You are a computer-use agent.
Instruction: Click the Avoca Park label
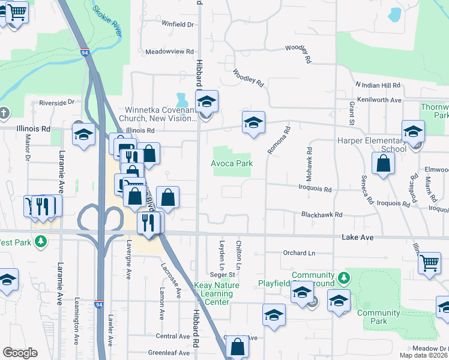[232, 163]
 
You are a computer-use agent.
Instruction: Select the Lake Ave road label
[358, 238]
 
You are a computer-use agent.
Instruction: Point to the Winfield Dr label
[178, 25]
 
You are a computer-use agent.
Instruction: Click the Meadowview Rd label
[170, 52]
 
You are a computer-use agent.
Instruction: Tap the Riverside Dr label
[56, 103]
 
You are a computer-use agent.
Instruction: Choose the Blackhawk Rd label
[321, 214]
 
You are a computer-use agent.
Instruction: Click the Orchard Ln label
[298, 253]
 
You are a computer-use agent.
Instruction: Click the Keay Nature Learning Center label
[214, 293]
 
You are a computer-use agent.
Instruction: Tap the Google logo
[20, 352]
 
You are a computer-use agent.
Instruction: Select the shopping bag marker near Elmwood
[383, 163]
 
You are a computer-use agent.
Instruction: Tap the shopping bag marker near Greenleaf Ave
[238, 346]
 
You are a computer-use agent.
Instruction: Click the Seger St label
[221, 274]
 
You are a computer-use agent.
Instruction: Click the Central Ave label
[173, 337]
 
